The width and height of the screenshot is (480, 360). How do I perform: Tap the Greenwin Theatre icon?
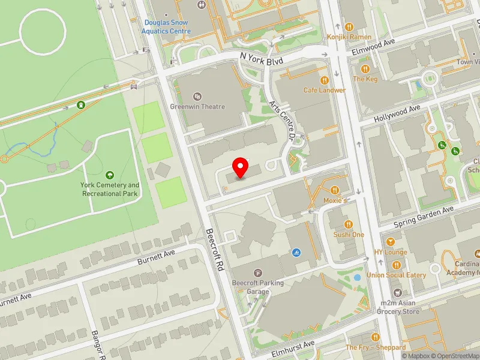197,96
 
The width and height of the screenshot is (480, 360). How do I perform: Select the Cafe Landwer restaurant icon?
325,80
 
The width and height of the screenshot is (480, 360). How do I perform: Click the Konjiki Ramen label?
350,37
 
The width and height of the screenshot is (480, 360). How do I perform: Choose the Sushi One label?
349,235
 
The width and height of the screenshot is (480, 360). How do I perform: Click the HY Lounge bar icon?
391,242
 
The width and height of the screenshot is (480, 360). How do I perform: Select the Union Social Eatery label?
397,275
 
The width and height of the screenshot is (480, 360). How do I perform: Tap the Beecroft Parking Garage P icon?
258,273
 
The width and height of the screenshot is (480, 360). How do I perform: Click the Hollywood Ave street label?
397,113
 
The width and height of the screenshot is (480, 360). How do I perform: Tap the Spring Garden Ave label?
424,217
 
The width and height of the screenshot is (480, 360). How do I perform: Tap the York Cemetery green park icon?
110,175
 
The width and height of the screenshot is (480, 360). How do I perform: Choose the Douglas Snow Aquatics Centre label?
167,27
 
